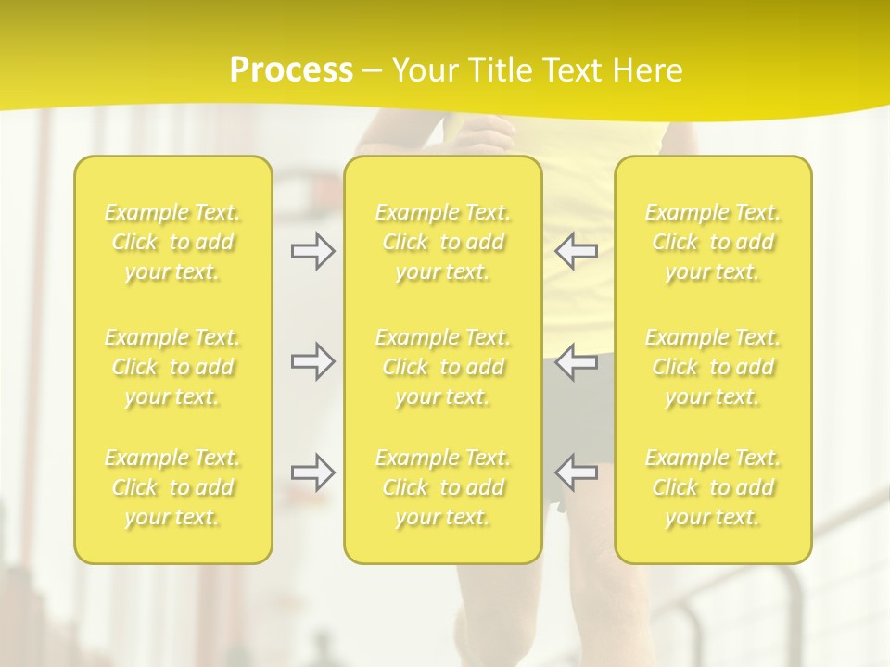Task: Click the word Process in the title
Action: [291, 70]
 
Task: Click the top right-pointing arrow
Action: [313, 251]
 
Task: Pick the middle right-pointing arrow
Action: [313, 361]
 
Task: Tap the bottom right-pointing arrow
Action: [313, 472]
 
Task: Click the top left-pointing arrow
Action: [576, 251]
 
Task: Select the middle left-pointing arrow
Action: [576, 361]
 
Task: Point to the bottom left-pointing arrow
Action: [576, 472]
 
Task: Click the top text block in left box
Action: [172, 242]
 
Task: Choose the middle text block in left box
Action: [172, 367]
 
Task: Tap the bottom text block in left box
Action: [172, 487]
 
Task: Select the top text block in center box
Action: [443, 242]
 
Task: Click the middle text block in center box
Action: [443, 367]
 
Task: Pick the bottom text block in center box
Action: [443, 487]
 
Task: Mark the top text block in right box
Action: [713, 242]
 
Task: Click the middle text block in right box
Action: [713, 367]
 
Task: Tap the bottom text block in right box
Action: [713, 487]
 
